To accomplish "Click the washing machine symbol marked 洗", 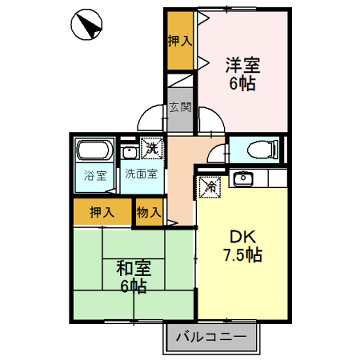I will point(151,148).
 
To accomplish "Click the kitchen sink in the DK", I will point(246,180).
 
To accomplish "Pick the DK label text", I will point(243,236).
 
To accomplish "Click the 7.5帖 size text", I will point(243,255).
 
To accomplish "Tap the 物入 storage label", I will point(149,212).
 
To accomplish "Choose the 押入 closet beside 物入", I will point(100,212).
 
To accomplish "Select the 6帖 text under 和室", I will point(130,288).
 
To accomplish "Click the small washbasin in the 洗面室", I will point(129,153).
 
